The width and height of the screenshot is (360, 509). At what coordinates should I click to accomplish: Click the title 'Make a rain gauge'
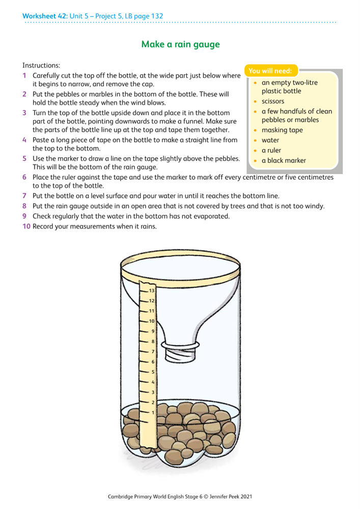point(180,44)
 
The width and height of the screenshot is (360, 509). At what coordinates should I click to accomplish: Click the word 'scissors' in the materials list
point(273,101)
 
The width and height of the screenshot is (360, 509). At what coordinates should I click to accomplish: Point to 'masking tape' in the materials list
point(282,130)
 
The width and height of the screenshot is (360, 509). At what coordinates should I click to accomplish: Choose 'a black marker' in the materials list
point(284,161)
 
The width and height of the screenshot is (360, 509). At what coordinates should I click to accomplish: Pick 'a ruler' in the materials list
point(271,151)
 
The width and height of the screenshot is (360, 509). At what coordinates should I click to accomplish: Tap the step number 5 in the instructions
point(24,159)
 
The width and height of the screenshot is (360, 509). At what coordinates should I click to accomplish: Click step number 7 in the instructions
point(24,195)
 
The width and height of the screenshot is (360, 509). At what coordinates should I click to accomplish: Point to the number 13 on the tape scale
point(151,291)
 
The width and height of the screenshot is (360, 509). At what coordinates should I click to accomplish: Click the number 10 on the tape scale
point(151,321)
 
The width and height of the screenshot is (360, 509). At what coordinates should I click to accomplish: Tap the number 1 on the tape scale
point(152,412)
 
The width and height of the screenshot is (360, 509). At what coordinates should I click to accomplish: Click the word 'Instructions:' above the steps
point(41,66)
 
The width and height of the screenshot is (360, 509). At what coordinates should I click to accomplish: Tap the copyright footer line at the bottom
point(180,496)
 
